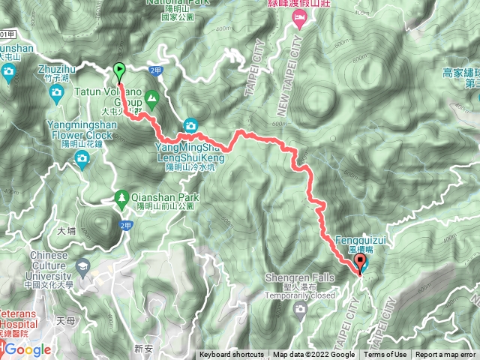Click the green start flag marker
tap(120, 70)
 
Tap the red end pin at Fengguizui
tap(360, 262)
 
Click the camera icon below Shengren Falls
tap(300, 308)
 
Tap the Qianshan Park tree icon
tap(121, 197)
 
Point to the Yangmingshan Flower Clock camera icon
tap(81, 156)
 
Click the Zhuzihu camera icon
tap(56, 93)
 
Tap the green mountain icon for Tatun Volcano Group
tap(151, 96)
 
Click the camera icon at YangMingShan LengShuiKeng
tap(191, 124)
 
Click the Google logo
tap(28, 349)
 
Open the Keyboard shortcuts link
tap(231, 355)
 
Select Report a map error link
tap(446, 355)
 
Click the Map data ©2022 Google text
tap(313, 355)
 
